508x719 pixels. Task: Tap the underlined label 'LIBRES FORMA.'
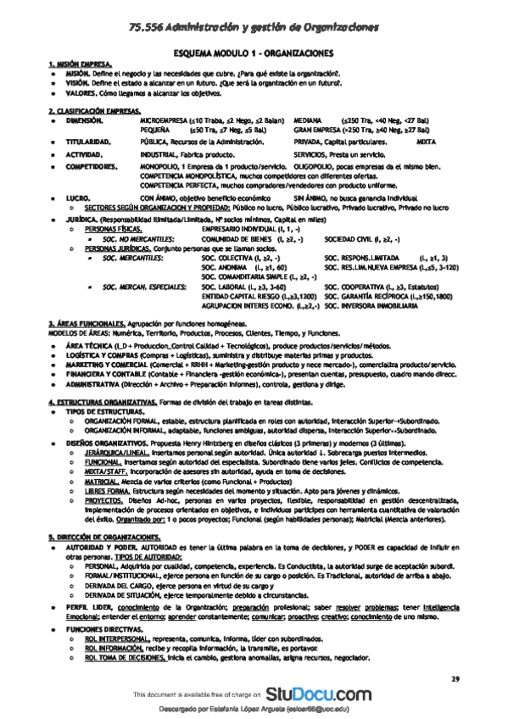point(103,490)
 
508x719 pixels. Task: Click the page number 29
point(455,678)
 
